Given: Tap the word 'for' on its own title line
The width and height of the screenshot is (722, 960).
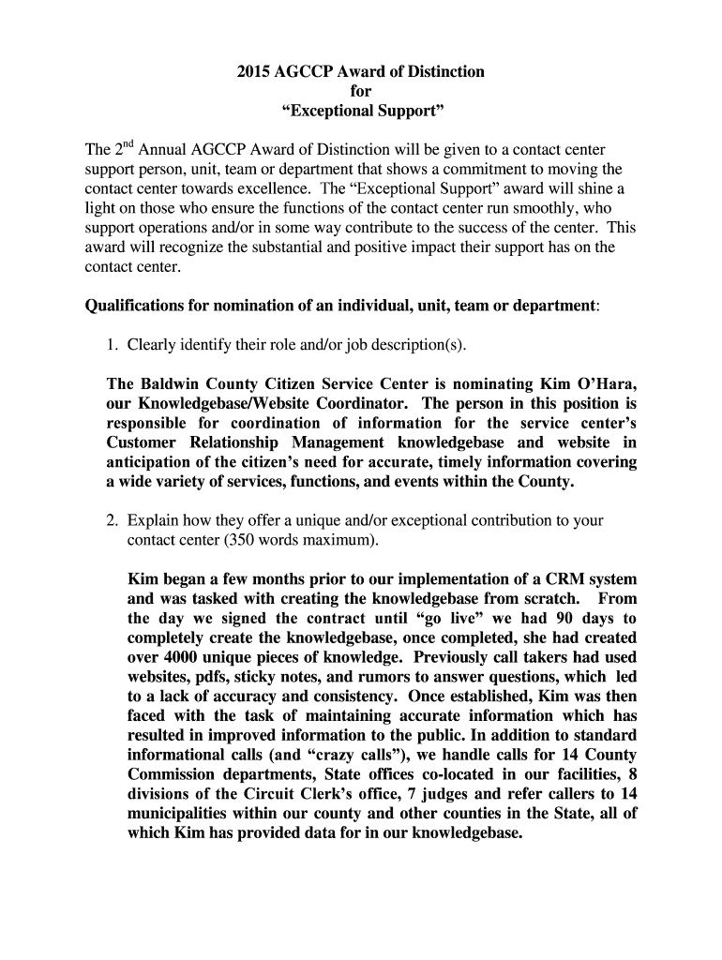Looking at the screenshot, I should [361, 92].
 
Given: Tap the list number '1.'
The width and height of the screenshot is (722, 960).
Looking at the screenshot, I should [113, 344].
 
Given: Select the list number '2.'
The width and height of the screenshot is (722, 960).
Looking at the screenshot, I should [113, 520].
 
